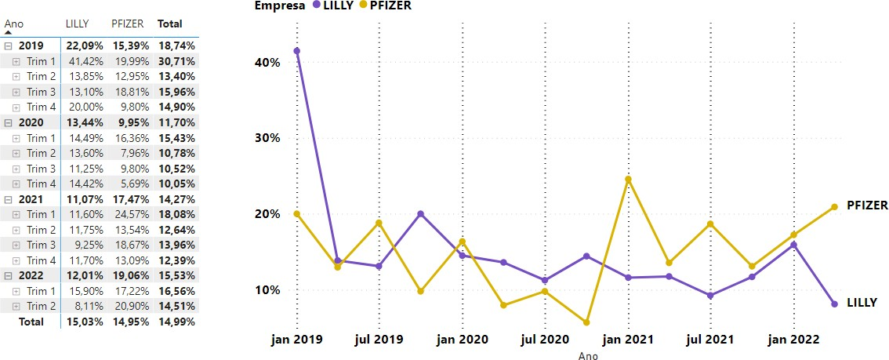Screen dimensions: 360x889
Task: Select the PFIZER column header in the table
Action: click(127, 24)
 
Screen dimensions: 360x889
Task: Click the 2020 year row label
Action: click(31, 122)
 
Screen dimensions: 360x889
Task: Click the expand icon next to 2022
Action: click(9, 275)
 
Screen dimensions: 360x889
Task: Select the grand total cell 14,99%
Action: click(176, 321)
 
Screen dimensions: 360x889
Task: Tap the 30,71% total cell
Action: click(176, 61)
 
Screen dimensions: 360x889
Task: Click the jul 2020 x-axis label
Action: click(545, 340)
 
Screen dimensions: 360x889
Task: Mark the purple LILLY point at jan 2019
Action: click(296, 51)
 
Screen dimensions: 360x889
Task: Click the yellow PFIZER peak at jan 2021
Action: click(628, 179)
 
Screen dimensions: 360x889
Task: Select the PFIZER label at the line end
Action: click(867, 205)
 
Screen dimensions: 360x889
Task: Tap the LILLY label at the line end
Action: click(862, 302)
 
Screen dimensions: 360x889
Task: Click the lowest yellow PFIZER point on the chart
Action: click(586, 322)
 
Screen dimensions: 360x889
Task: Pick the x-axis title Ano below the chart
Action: click(588, 355)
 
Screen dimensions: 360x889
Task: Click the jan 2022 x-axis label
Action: click(793, 340)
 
